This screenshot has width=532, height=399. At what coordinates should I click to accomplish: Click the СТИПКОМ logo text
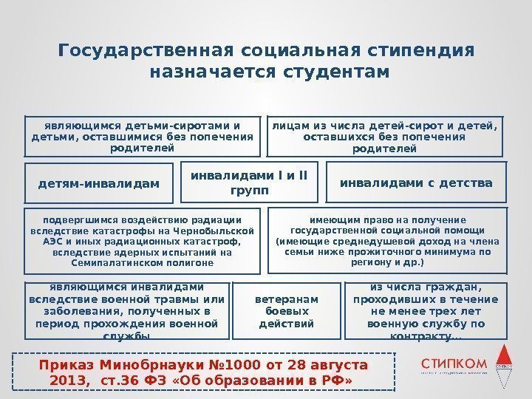[x=454, y=364]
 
